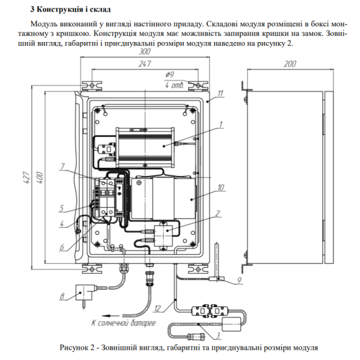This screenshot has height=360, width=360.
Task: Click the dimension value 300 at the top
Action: coord(144,53)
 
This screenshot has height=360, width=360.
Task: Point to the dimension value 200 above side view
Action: coord(290,63)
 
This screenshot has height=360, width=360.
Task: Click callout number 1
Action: coord(221,124)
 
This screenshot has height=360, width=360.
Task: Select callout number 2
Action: coord(218,212)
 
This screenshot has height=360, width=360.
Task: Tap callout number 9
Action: coord(239,280)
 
